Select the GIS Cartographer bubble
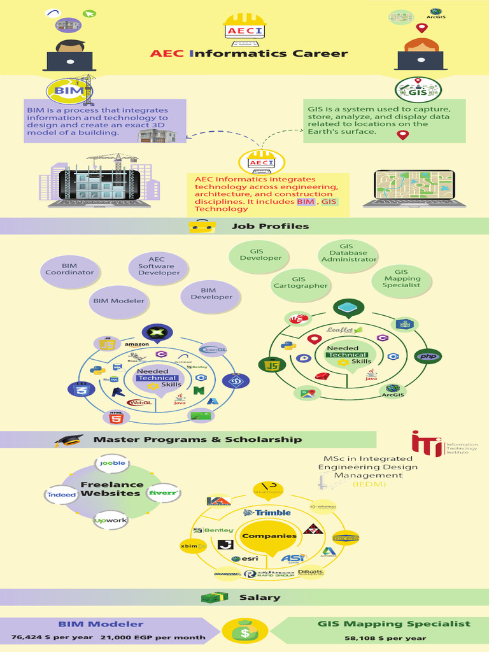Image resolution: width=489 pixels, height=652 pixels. pyautogui.click(x=301, y=283)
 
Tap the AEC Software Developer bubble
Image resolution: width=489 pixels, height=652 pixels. pyautogui.click(x=159, y=267)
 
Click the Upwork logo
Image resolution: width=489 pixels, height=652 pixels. pyautogui.click(x=111, y=520)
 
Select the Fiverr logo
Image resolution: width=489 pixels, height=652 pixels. pyautogui.click(x=162, y=493)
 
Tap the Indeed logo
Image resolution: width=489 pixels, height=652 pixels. pyautogui.click(x=62, y=494)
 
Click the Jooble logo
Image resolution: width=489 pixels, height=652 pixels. pyautogui.click(x=112, y=463)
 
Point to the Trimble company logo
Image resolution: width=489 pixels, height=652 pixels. pyautogui.click(x=267, y=513)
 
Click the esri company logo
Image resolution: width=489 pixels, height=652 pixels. pyautogui.click(x=245, y=559)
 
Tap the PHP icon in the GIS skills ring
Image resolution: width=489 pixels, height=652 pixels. pyautogui.click(x=428, y=357)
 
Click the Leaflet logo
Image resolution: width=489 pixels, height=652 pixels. pyautogui.click(x=344, y=330)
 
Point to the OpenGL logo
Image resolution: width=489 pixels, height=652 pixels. pyautogui.click(x=212, y=349)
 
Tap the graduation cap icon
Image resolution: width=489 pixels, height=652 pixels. pyautogui.click(x=68, y=441)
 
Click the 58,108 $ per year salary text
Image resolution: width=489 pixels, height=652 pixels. pyautogui.click(x=385, y=637)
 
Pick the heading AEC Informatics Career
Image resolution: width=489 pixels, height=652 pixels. pyautogui.click(x=249, y=53)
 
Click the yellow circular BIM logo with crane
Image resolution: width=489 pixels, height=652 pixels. pyautogui.click(x=67, y=90)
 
